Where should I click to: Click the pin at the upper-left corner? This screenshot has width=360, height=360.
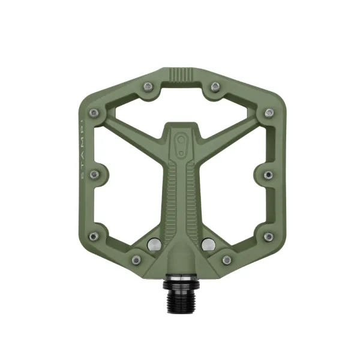[x=94, y=113]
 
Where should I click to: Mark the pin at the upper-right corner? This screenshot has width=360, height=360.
[x=268, y=113]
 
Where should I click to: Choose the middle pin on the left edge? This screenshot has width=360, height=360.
[x=94, y=175]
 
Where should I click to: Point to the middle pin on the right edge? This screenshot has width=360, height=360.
[x=268, y=175]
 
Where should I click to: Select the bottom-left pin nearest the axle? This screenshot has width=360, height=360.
[x=136, y=260]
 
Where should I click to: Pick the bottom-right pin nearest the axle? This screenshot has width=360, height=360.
[x=226, y=260]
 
